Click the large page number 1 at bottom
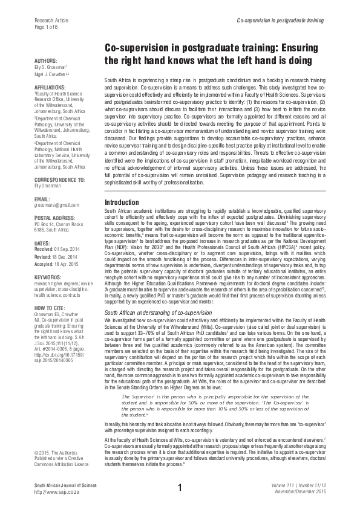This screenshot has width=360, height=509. [x=180, y=488]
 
